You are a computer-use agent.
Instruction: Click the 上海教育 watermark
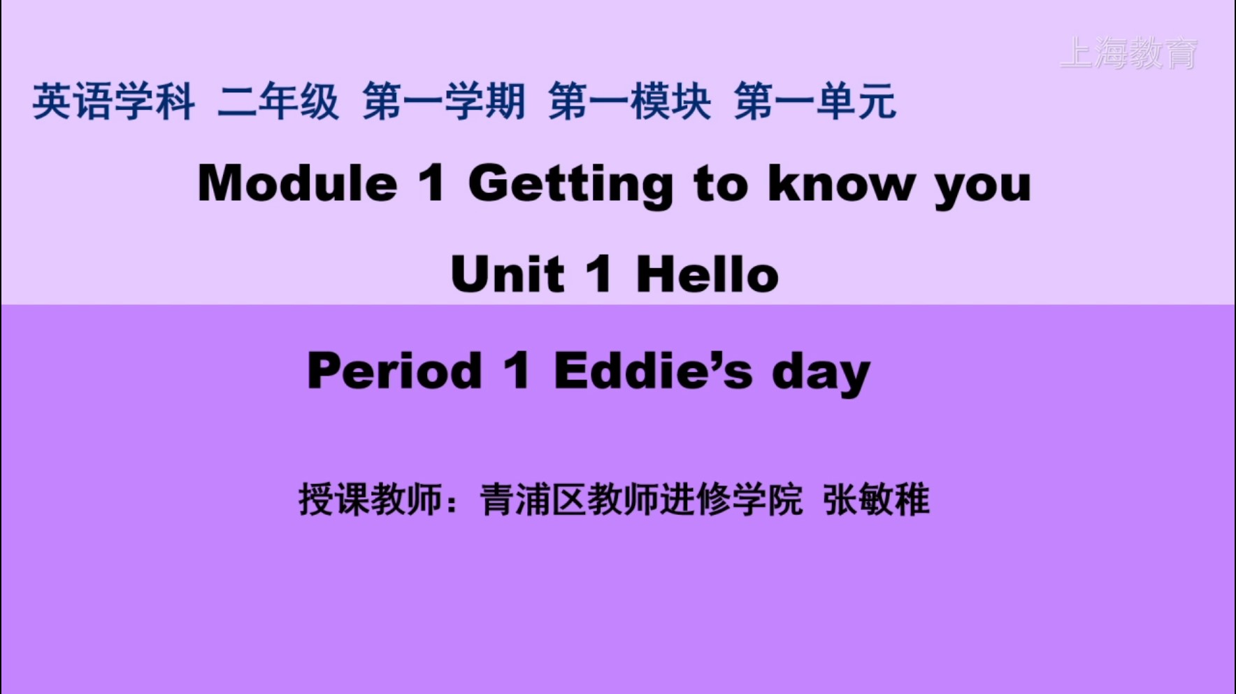(x=1128, y=53)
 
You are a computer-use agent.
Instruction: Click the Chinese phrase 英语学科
(x=113, y=102)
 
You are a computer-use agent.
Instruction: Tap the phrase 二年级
(x=278, y=102)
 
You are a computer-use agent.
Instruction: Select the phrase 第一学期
(x=444, y=102)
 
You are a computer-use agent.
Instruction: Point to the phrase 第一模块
(x=630, y=102)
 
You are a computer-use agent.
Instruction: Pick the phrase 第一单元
(x=815, y=102)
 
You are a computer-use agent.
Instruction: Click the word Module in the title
(x=298, y=183)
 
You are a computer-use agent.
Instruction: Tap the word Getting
(x=571, y=186)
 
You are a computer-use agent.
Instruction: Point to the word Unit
(x=508, y=274)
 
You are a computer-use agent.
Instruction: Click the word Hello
(x=707, y=274)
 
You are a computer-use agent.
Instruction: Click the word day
(x=821, y=374)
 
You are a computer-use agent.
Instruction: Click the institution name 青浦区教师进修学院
(x=641, y=500)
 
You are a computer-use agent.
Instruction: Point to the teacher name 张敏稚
(x=877, y=500)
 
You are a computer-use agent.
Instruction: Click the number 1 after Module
(x=432, y=183)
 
